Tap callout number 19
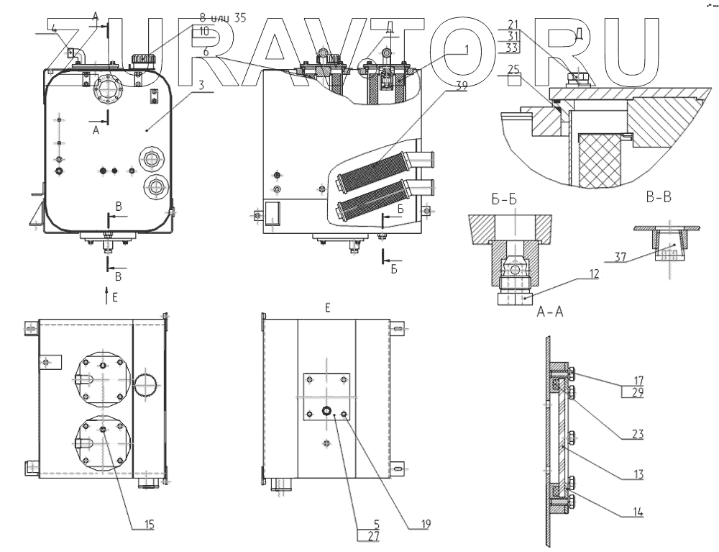(x=426, y=525)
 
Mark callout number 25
(x=513, y=69)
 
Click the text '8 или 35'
(x=222, y=19)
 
